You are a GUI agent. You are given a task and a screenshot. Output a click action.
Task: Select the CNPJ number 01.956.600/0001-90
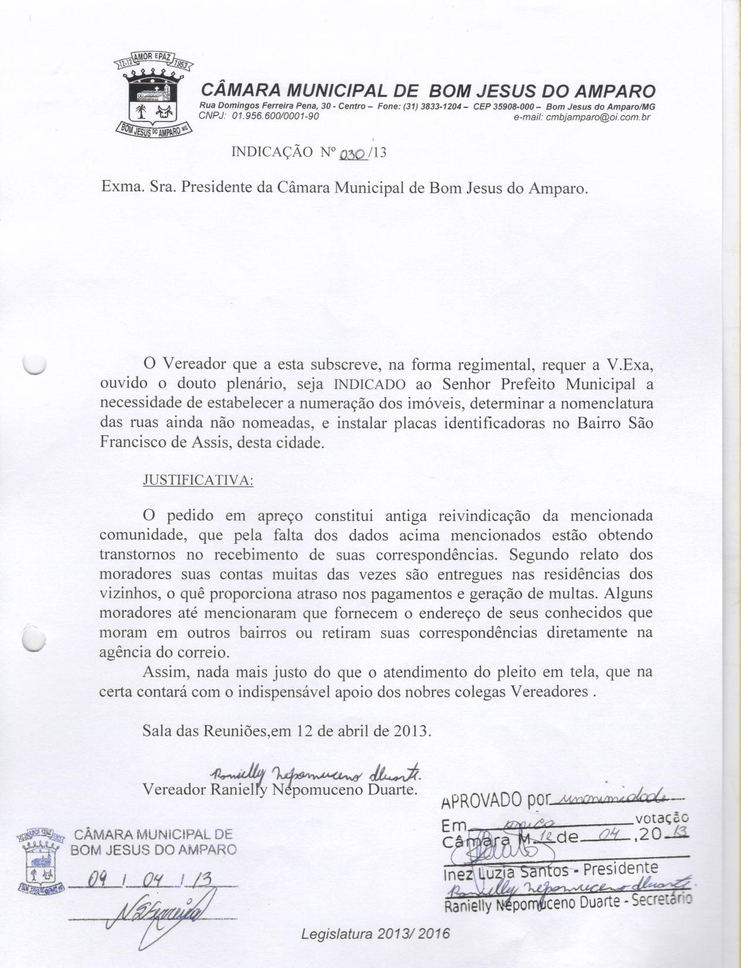(x=276, y=116)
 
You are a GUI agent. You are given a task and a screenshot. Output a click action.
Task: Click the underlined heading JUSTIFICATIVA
(x=198, y=480)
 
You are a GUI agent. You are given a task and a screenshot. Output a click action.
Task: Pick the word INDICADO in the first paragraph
(x=370, y=385)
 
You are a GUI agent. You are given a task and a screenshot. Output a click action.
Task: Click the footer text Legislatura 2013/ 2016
(x=375, y=934)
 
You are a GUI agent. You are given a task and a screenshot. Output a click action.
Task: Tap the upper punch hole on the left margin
(x=34, y=364)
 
